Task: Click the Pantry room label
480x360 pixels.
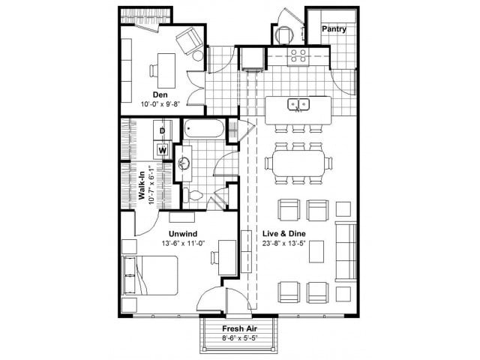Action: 333,28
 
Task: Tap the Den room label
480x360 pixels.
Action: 160,94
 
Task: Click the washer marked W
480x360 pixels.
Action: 162,148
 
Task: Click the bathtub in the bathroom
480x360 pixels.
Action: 202,130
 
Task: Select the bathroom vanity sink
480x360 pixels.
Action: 184,162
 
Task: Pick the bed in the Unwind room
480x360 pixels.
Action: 150,276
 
